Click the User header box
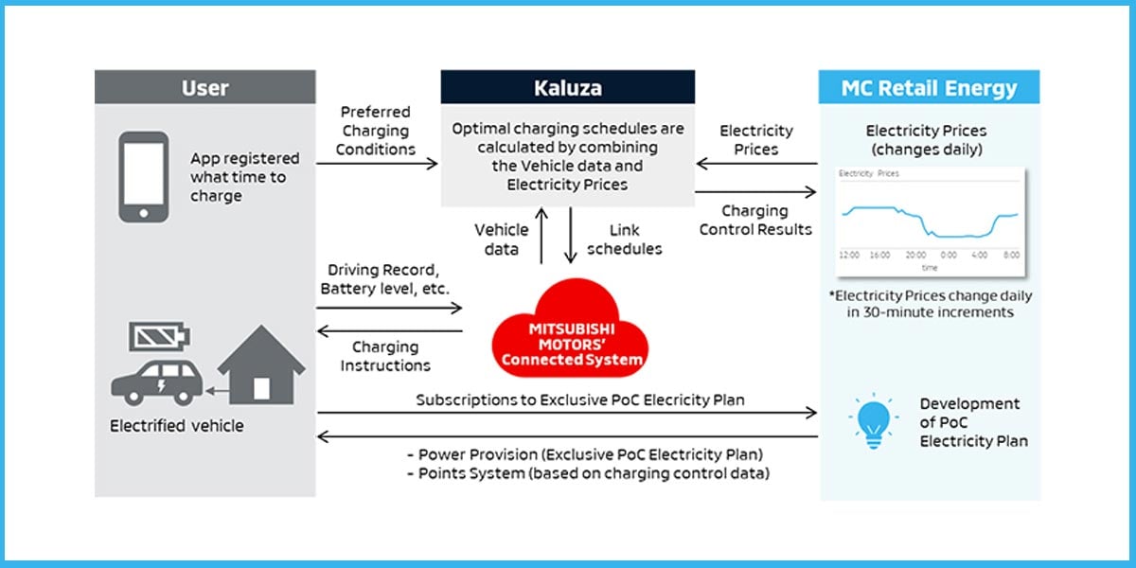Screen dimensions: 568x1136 tap(204, 87)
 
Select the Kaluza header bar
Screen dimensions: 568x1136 tap(567, 87)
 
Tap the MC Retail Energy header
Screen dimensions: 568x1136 tap(928, 87)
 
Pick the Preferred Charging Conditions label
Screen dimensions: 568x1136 tap(376, 131)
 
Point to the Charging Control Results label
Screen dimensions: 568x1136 tap(754, 220)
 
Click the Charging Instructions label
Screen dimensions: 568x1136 tap(385, 356)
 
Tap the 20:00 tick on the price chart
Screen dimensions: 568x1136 tap(914, 256)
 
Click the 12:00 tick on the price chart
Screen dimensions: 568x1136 tap(848, 256)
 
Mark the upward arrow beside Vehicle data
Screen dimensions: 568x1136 tap(541, 235)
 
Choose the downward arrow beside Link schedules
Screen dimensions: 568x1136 tap(571, 235)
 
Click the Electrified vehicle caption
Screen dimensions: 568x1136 tap(177, 426)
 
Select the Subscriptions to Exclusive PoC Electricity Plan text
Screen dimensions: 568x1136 tap(580, 400)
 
